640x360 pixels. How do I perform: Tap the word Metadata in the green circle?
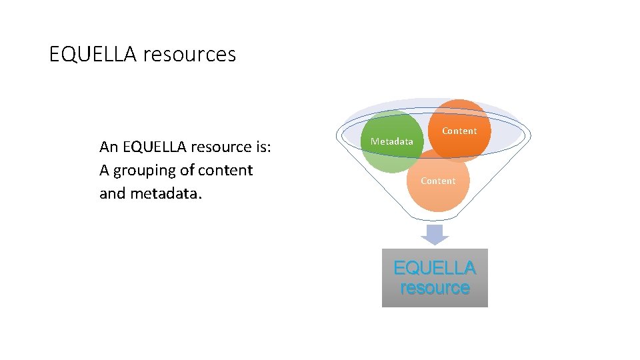(x=392, y=141)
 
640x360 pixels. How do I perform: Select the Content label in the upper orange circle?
(x=459, y=131)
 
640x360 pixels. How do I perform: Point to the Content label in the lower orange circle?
(x=438, y=181)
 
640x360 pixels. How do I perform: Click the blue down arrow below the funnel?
(x=435, y=234)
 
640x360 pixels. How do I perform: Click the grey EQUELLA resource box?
(x=435, y=297)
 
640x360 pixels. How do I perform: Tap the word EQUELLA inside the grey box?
(x=435, y=268)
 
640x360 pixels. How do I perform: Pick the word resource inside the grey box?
(x=435, y=288)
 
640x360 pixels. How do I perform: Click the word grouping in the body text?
(x=145, y=171)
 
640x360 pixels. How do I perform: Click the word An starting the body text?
(x=108, y=147)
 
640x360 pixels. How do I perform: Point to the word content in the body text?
(x=225, y=171)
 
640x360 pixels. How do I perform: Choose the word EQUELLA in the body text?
(x=155, y=147)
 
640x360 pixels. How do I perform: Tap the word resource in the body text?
(x=227, y=147)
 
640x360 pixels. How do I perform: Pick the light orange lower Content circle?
(x=438, y=197)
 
